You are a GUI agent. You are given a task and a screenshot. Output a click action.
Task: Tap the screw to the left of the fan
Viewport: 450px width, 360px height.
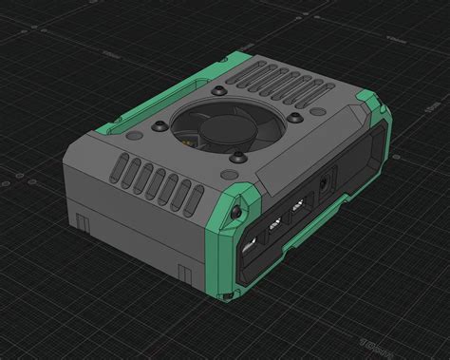tap(158, 124)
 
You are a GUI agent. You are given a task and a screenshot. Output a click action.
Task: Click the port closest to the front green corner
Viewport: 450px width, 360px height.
tap(251, 244)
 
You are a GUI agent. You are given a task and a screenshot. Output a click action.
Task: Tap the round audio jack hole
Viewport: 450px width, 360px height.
tap(327, 181)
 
